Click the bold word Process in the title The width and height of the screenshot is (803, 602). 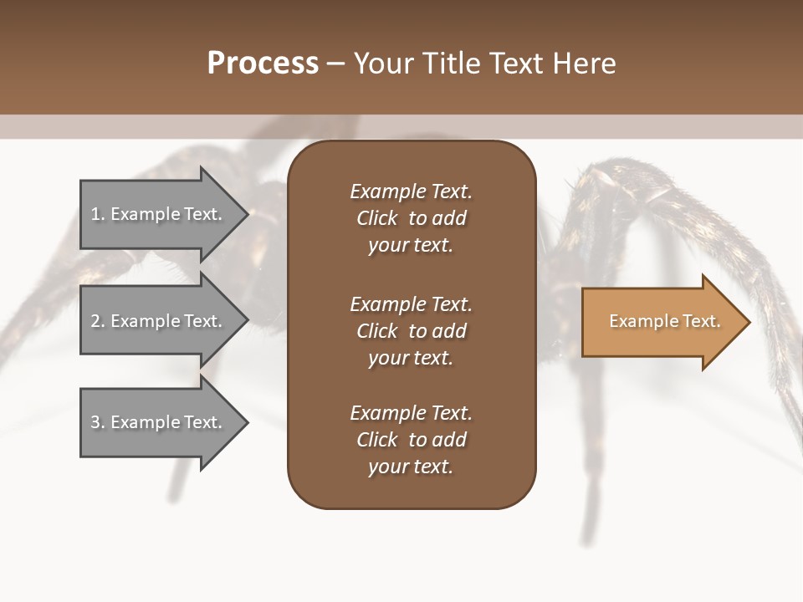pos(263,64)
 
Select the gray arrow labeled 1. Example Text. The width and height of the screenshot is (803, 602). pos(159,214)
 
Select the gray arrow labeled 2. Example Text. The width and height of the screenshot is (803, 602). pos(159,321)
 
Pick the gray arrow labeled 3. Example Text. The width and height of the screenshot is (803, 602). pos(159,422)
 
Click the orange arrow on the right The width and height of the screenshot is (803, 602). pos(661,321)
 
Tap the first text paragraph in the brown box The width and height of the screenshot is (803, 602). pos(411,218)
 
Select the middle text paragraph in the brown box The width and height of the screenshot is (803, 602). pos(411,331)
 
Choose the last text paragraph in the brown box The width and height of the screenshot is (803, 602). pos(411,440)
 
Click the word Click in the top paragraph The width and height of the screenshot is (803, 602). pos(377,218)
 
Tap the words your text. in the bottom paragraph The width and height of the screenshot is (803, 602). pos(411,467)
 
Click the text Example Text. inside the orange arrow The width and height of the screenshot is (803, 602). pos(664,321)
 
